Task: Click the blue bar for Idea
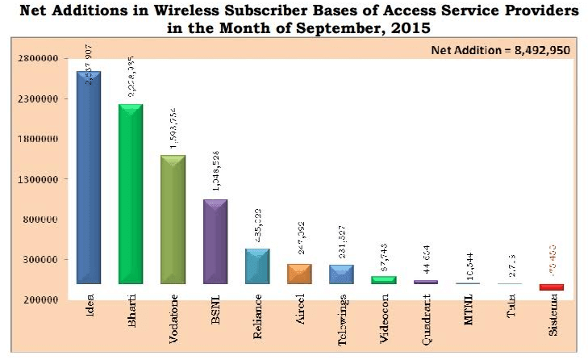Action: point(88,178)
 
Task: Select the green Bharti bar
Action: point(130,194)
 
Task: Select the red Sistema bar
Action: point(552,287)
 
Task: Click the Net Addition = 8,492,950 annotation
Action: point(501,49)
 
